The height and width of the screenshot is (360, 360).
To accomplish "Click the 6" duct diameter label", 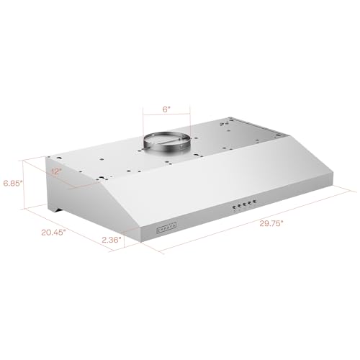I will [x=166, y=109].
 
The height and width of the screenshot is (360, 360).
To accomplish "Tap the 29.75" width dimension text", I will [x=272, y=223].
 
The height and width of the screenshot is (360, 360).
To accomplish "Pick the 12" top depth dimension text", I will [x=56, y=172].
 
